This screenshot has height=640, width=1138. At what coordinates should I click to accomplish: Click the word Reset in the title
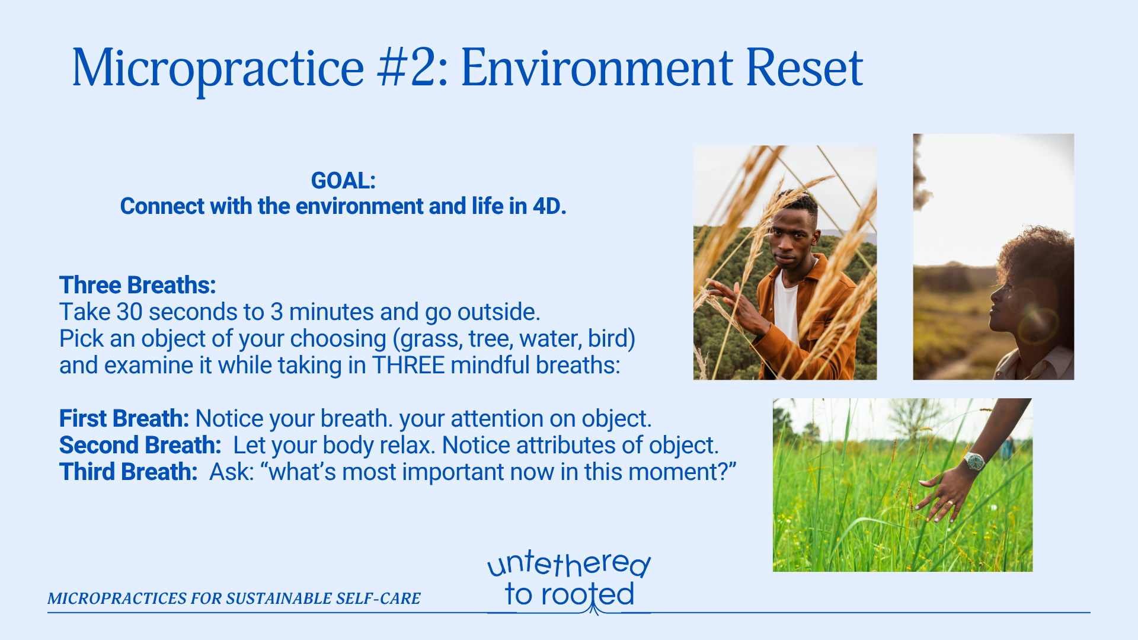click(x=804, y=68)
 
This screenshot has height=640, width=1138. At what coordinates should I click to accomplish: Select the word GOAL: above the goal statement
click(x=344, y=181)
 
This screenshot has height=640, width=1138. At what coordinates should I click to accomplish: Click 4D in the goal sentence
click(x=549, y=206)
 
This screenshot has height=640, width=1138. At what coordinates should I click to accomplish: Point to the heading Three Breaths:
click(x=138, y=285)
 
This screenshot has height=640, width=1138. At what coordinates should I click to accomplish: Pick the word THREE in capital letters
click(x=408, y=365)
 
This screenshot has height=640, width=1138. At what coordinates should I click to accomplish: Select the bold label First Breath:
click(x=124, y=418)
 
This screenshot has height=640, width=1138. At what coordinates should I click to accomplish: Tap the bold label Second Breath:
click(x=140, y=445)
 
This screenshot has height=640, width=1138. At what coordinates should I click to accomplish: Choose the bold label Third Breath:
click(x=128, y=472)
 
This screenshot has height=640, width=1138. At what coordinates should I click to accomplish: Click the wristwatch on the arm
click(x=974, y=461)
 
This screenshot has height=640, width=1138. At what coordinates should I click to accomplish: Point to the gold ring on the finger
click(x=949, y=504)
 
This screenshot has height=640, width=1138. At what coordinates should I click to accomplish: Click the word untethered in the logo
click(x=569, y=564)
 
